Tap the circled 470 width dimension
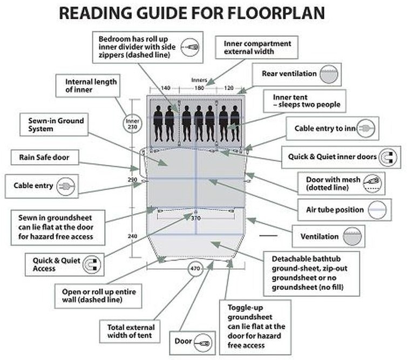coord(195,268)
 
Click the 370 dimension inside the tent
coord(195,218)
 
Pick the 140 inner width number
coord(165,87)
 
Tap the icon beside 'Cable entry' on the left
coord(64,186)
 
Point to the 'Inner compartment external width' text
coord(253,47)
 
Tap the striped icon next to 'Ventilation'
coord(354,236)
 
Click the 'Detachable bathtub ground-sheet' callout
coord(310,273)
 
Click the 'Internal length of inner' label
coord(91,85)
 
